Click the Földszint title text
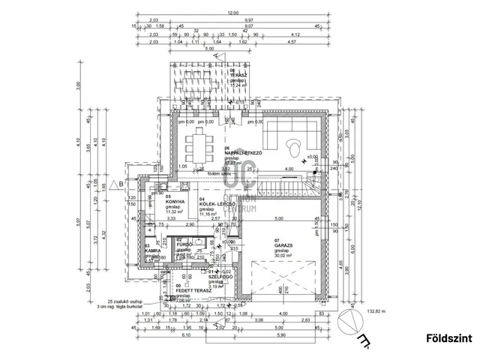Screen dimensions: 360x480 click(x=449, y=338)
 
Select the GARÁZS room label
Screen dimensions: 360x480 click(x=283, y=247)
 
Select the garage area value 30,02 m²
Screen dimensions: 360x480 click(x=283, y=256)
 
